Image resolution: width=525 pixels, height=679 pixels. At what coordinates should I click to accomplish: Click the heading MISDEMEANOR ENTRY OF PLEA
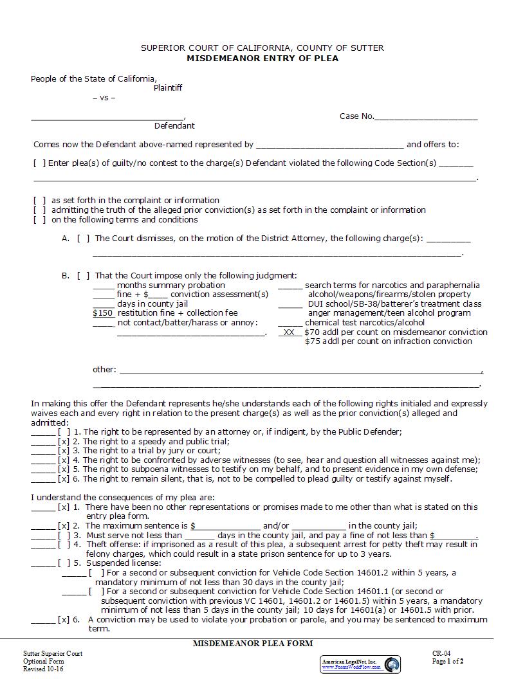262,58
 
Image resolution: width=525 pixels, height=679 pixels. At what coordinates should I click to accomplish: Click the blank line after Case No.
426,117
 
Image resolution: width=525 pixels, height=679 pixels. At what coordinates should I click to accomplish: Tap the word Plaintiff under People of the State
167,88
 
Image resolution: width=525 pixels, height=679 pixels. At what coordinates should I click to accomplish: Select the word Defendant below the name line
174,126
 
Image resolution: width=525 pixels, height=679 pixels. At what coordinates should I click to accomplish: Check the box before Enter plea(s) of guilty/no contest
39,163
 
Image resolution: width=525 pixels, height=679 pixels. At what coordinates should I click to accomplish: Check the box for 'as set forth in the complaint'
39,201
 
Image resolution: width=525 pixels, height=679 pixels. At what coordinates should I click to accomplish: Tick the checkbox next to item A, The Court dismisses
83,239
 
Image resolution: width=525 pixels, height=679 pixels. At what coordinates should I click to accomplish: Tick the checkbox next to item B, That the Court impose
83,276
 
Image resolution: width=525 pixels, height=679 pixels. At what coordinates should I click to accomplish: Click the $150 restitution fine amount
103,313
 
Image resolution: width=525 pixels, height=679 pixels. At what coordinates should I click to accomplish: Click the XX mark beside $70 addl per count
290,332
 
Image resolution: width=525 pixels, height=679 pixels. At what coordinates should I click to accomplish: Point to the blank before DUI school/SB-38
290,304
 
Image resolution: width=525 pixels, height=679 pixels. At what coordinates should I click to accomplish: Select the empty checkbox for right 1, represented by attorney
64,432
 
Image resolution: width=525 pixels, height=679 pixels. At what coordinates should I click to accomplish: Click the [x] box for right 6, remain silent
64,478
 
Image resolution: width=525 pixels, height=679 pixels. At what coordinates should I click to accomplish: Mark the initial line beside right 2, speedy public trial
43,442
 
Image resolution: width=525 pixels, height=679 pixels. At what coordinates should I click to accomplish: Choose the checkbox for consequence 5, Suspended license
64,563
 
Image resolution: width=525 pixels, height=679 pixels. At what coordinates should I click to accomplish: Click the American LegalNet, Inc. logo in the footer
360,664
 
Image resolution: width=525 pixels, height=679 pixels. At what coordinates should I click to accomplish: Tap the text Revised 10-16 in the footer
44,669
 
